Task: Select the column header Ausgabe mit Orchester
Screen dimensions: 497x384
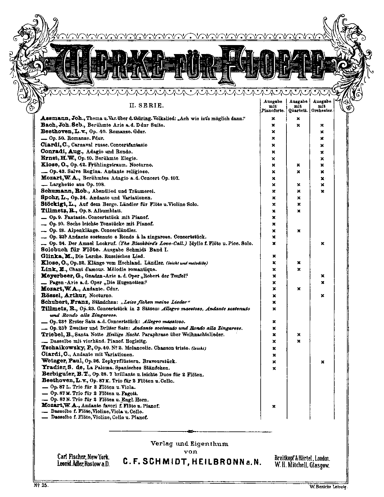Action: pos(322,106)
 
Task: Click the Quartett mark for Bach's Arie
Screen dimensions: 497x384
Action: pos(298,125)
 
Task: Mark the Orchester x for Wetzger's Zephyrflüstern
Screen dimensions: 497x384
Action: pos(323,362)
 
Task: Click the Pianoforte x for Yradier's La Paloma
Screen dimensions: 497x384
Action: pos(274,368)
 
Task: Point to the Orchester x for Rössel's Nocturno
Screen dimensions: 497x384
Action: pos(323,295)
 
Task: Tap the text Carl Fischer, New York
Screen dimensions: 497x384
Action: pos(83,457)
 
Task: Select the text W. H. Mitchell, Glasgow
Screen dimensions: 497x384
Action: pos(302,465)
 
